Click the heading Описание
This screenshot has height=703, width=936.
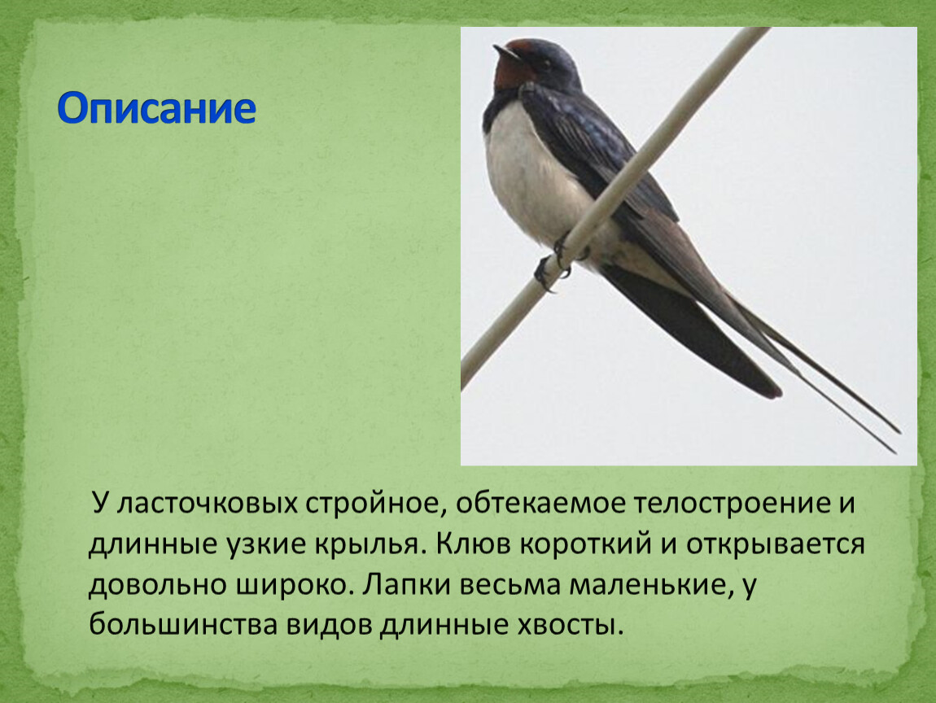pos(156,108)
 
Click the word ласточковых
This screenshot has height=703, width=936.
pos(207,503)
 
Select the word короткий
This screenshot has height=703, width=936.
pos(585,544)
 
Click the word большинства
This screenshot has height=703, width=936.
pos(183,625)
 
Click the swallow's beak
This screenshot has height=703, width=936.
pos(507,53)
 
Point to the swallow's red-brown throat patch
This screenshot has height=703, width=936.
pos(512,72)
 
